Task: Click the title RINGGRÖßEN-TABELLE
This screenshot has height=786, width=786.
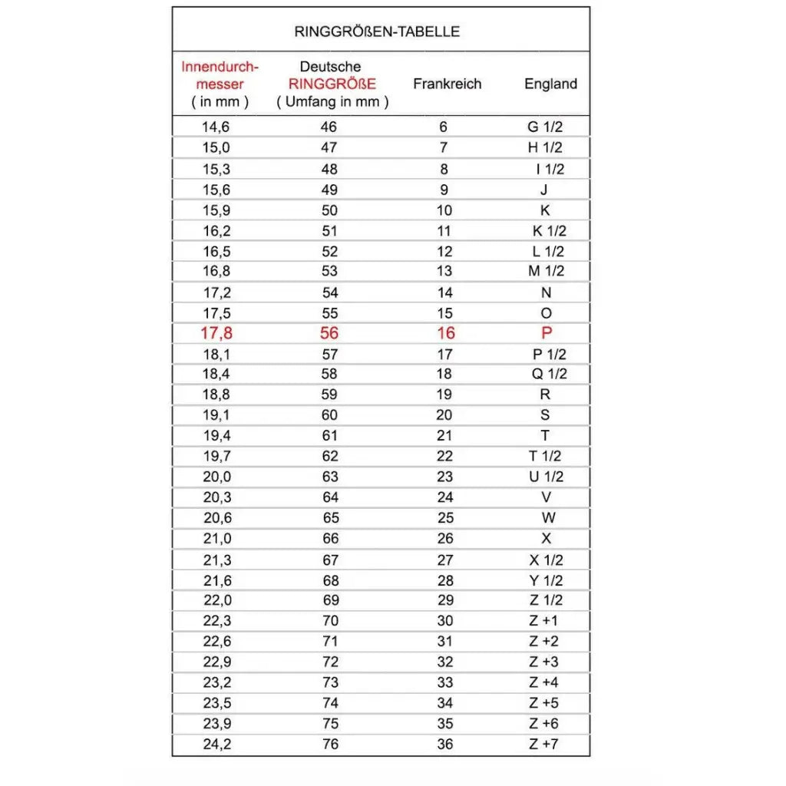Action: (377, 31)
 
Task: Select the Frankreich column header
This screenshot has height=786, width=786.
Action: (447, 84)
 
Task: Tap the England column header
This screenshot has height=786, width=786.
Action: (550, 84)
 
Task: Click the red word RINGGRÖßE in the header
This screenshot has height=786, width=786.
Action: (332, 84)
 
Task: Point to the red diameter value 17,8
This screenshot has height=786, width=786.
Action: (216, 333)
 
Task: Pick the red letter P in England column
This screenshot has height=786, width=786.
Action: (547, 333)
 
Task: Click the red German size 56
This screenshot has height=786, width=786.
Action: (329, 333)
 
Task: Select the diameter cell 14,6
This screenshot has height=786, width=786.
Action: (216, 127)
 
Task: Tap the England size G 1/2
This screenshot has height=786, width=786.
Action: (545, 127)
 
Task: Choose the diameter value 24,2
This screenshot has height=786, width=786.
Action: (216, 744)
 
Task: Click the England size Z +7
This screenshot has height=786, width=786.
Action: (544, 744)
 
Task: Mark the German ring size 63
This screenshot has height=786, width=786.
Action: (329, 477)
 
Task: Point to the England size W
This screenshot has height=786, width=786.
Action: (547, 518)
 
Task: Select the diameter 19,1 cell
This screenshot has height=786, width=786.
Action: (216, 415)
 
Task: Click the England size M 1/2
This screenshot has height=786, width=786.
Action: (545, 271)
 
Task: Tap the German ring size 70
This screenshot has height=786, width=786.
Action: (329, 620)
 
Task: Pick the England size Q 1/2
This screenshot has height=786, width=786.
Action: (548, 374)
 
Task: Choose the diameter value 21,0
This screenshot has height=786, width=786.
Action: (216, 539)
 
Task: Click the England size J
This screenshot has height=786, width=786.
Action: (544, 190)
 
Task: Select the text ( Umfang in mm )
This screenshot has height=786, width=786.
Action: (332, 101)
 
